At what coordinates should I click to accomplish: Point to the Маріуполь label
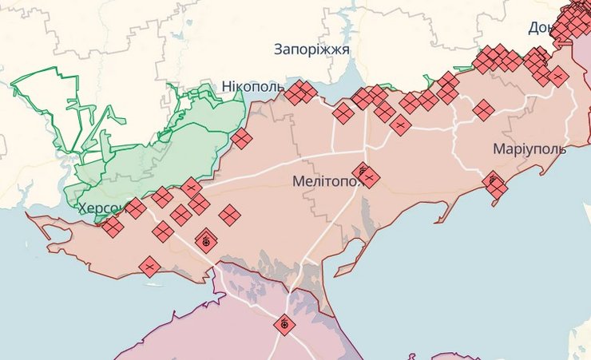point(530,149)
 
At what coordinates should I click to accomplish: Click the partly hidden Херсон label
point(101,208)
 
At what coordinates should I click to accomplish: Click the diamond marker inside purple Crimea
point(284,325)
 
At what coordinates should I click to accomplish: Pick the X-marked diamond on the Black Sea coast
point(149,267)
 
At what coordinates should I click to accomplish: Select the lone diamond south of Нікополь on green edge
point(241,139)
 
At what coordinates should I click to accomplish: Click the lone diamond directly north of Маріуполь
point(483,109)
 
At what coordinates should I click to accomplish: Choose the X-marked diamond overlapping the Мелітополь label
point(367,176)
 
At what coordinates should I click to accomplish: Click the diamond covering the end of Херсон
point(136,209)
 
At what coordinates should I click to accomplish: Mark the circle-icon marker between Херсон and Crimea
point(206,239)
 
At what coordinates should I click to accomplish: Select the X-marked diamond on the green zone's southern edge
point(191,188)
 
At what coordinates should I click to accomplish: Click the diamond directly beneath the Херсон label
point(112,227)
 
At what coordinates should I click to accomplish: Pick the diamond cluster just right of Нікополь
point(300,93)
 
